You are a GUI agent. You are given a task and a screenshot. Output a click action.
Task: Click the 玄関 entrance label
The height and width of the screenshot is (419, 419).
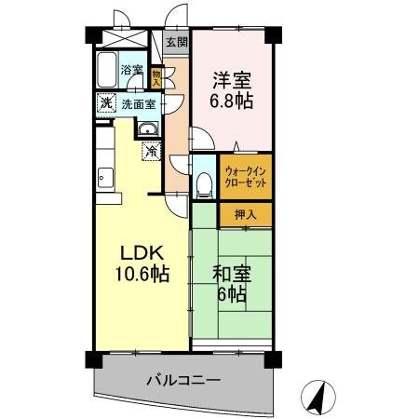(x=176, y=42)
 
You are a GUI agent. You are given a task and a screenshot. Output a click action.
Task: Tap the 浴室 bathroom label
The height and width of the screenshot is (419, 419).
(x=131, y=70)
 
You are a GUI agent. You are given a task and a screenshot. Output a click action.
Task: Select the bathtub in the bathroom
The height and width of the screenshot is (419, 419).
(x=106, y=69)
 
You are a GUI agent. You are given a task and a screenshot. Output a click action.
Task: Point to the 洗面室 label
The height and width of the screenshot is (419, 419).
(x=137, y=103)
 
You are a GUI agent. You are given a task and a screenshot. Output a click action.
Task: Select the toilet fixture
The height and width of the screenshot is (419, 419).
(x=204, y=180)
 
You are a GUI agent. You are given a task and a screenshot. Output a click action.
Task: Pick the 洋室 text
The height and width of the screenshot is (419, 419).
(x=233, y=80)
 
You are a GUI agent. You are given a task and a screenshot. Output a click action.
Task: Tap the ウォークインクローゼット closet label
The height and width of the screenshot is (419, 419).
(x=246, y=177)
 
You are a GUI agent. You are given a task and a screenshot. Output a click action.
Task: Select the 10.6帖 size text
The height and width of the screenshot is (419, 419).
(x=138, y=276)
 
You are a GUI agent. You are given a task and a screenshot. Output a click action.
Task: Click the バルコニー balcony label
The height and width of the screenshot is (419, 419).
(x=182, y=380)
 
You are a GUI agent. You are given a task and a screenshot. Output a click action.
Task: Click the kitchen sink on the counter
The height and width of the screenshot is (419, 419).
(x=103, y=178)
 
